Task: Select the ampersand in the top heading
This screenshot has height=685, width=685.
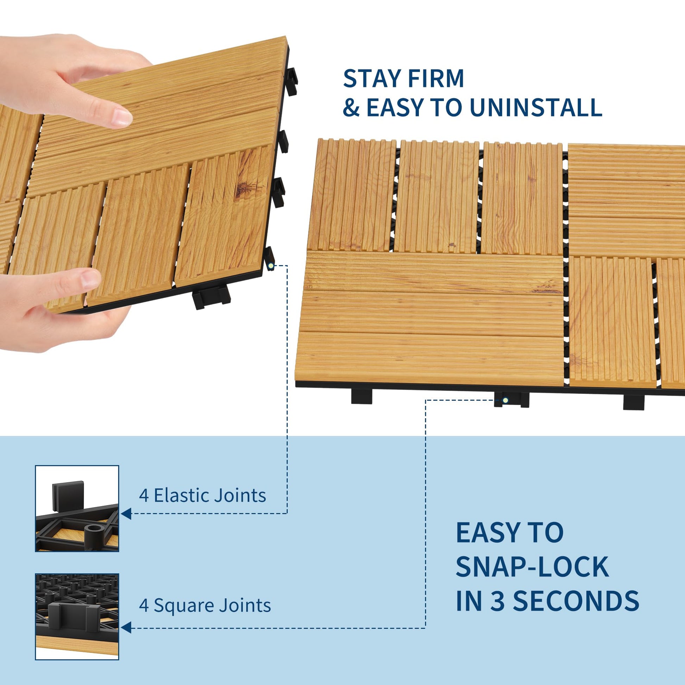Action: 351,107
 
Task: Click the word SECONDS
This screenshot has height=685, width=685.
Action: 576,601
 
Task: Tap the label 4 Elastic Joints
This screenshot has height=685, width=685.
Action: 202,495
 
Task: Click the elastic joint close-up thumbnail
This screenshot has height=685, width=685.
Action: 77,508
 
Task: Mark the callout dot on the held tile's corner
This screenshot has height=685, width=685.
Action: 271,265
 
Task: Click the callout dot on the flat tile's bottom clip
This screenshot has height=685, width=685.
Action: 505,401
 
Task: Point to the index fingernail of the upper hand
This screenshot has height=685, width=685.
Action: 121,117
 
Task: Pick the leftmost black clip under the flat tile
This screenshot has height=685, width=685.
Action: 362,397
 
